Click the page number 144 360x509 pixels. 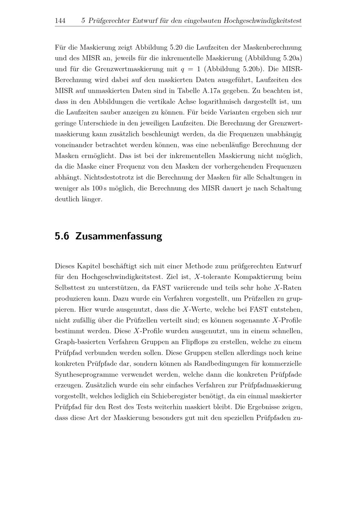click(x=60, y=21)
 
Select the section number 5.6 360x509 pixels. click(x=62, y=237)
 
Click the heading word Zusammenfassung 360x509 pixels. click(x=119, y=237)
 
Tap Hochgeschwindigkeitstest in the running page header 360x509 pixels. click(x=262, y=21)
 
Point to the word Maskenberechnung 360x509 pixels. click(x=272, y=47)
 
